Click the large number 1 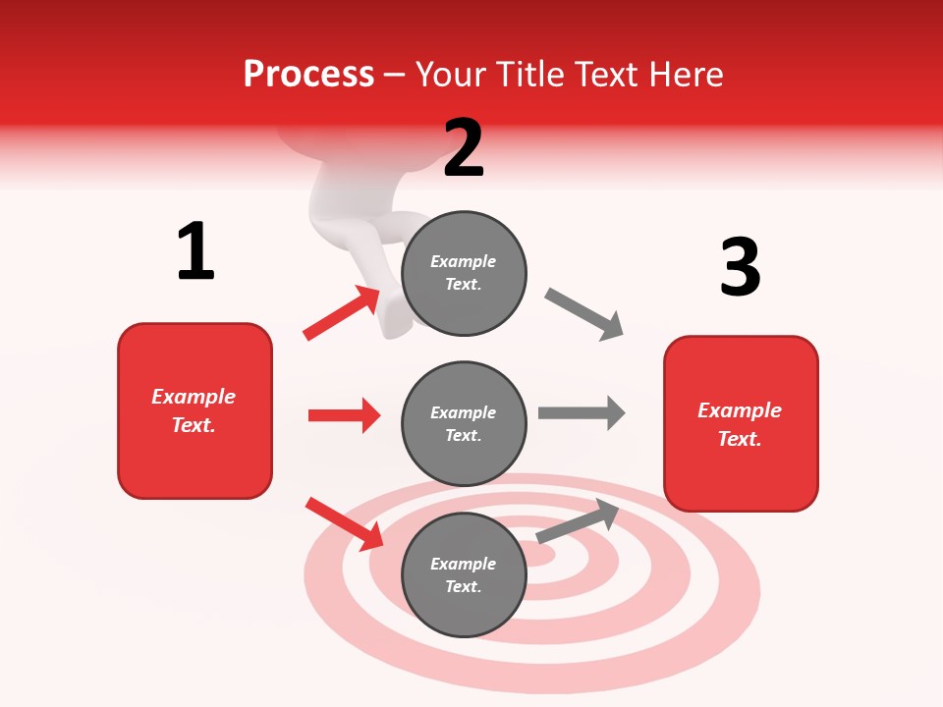tap(195, 251)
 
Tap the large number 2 tap(464, 147)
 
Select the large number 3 tap(740, 267)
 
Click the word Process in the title tap(308, 74)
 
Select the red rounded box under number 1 tap(194, 410)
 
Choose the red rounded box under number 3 tap(741, 424)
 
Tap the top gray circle tap(464, 273)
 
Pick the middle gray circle tap(464, 424)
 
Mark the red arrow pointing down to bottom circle tap(345, 523)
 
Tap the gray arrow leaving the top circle tap(584, 314)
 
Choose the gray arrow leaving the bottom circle tap(578, 521)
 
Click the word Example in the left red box tap(194, 397)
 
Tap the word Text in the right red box tap(739, 439)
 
